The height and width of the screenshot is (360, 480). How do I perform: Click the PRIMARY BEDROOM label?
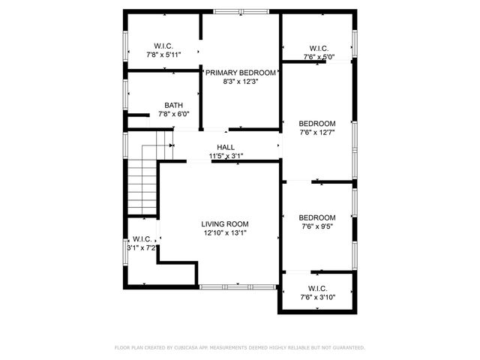(241, 73)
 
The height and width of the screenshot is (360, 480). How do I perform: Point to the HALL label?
(226, 147)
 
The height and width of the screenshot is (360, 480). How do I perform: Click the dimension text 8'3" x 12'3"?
(241, 82)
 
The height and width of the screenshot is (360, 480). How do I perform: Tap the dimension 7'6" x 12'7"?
(317, 132)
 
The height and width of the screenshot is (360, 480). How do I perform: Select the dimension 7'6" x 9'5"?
(317, 226)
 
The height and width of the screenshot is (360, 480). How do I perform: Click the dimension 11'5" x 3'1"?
(226, 156)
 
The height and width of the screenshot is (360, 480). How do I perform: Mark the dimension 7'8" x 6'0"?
(173, 115)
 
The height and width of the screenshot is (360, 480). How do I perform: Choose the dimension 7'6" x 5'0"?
(319, 56)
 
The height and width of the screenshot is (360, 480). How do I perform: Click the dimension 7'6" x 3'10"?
(317, 297)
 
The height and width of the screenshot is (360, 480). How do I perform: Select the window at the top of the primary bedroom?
(240, 11)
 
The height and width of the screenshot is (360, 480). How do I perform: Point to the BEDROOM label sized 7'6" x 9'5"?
(317, 217)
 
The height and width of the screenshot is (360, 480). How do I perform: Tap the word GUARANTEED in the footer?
(346, 348)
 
